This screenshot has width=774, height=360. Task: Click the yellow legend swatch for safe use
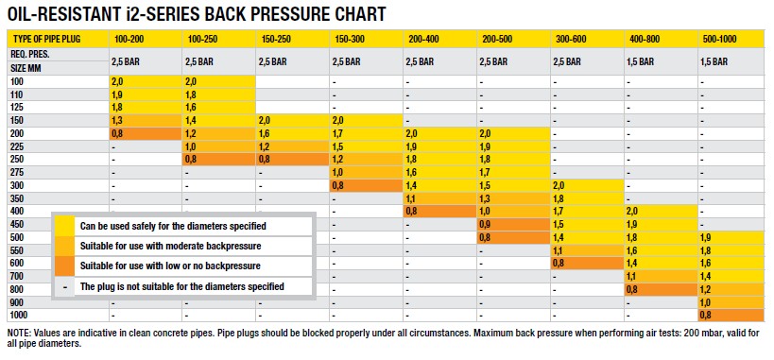[64, 226]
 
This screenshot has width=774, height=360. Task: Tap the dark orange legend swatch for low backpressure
[64, 266]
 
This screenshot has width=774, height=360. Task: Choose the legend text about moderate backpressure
[170, 246]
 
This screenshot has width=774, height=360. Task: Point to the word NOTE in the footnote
[17, 334]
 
